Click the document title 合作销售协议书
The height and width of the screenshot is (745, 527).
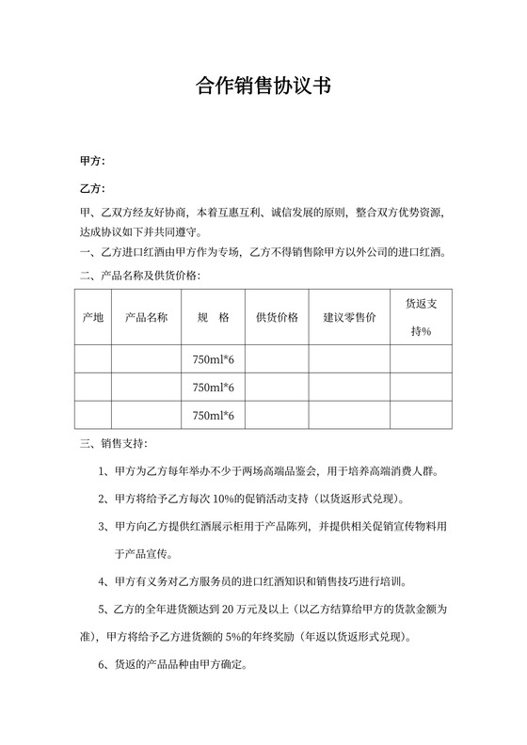tap(263, 87)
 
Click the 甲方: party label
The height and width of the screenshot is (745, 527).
tap(92, 162)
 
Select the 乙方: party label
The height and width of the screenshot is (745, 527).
tap(92, 188)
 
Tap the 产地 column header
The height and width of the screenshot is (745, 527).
tap(93, 317)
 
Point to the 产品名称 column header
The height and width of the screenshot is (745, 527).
tap(146, 317)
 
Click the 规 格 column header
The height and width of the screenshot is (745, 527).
tap(213, 317)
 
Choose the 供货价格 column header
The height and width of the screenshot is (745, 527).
tap(277, 317)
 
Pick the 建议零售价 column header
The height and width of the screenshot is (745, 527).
tap(349, 317)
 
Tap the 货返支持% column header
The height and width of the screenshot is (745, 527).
tap(419, 317)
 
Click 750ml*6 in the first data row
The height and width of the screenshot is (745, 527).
tap(213, 359)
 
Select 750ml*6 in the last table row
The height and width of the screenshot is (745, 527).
tap(213, 415)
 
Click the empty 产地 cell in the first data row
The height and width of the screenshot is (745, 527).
tap(93, 359)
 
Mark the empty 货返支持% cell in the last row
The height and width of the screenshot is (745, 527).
tap(419, 415)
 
